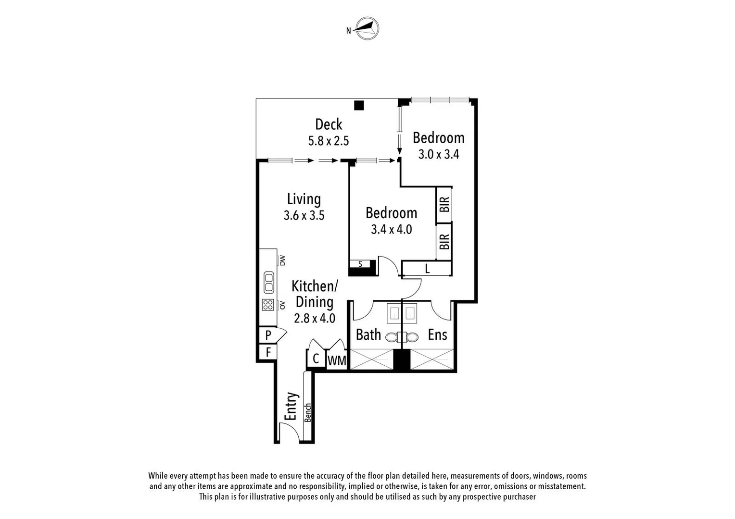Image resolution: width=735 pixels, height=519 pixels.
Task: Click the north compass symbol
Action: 367,29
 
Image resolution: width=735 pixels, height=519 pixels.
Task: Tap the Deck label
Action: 329,124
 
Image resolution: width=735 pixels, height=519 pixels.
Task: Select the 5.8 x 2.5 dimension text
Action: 329,141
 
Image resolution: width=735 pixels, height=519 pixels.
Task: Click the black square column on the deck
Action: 358,105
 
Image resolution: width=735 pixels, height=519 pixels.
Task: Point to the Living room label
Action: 304,199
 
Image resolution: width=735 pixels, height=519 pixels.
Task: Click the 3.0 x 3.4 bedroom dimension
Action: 438,154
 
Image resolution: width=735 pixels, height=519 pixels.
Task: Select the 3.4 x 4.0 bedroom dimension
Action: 391,229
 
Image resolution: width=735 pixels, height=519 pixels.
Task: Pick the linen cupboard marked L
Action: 427,269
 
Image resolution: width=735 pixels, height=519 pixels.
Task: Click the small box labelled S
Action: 360,264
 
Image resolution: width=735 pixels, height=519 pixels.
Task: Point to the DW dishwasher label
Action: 283,260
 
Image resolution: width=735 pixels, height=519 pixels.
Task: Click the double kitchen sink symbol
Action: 268,282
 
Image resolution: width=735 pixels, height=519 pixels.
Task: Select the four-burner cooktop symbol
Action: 268,305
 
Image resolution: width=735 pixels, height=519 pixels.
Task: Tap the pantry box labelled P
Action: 268,335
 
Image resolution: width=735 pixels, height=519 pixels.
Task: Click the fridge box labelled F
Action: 268,352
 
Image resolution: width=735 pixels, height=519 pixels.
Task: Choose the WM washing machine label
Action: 337,360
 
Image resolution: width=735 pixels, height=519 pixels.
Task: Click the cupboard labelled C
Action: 316,359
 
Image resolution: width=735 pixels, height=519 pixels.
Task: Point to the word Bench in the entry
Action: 308,412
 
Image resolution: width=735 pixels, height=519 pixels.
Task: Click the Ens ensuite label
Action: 437,334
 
